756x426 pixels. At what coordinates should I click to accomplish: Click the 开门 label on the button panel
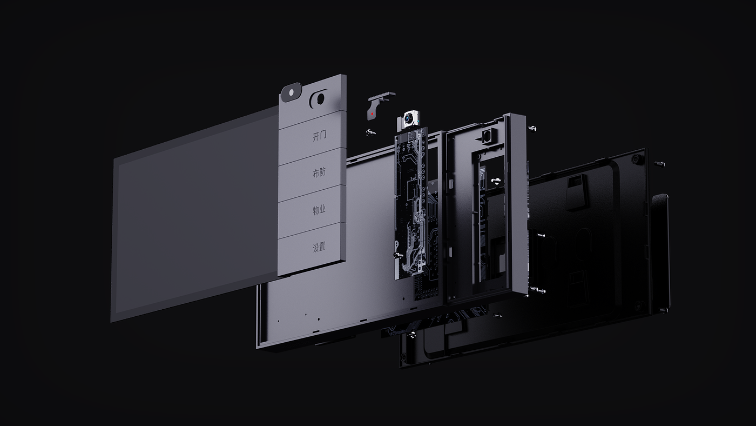[319, 136]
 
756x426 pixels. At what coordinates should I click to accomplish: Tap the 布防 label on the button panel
[319, 172]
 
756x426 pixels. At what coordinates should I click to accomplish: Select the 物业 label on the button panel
[319, 210]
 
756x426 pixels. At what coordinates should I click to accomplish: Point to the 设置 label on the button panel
[319, 247]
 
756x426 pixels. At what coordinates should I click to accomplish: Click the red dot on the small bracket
[372, 114]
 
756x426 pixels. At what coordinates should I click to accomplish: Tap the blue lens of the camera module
[409, 118]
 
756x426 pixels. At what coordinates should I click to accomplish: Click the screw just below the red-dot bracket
[370, 132]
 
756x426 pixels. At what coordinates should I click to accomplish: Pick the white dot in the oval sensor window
[291, 91]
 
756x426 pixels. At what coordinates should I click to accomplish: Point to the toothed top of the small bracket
[382, 96]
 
